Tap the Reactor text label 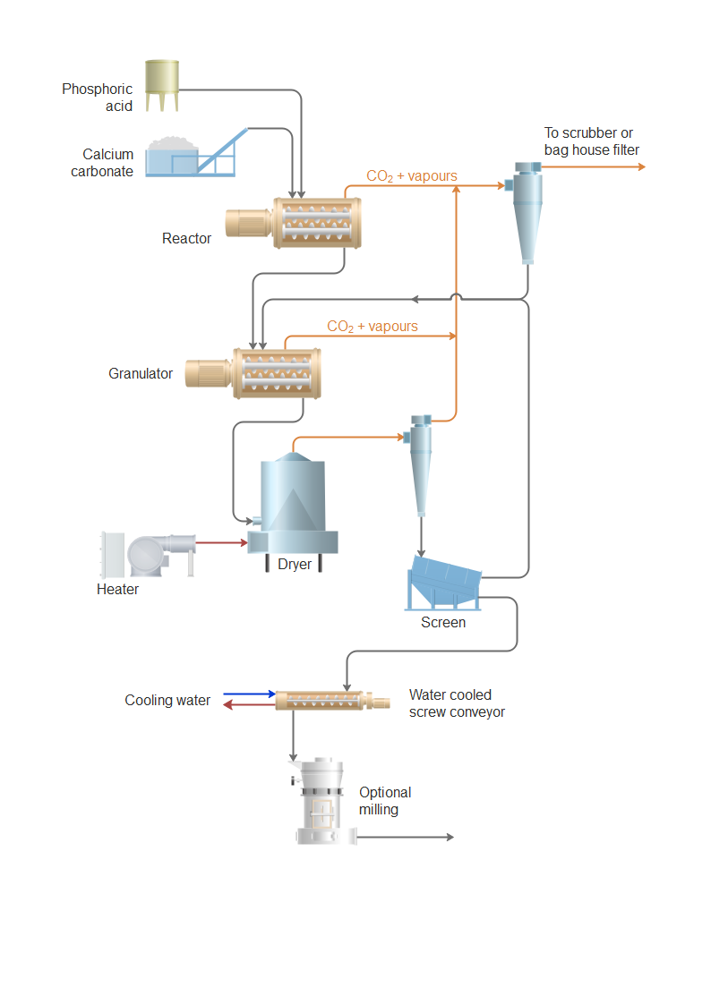click(x=186, y=239)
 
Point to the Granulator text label click(x=141, y=374)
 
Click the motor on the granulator click(x=208, y=373)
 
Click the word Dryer click(x=296, y=565)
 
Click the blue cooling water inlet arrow click(x=250, y=694)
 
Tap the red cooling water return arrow click(x=248, y=705)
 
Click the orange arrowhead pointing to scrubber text click(x=638, y=166)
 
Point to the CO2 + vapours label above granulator click(x=373, y=327)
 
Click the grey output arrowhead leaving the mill click(x=450, y=837)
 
